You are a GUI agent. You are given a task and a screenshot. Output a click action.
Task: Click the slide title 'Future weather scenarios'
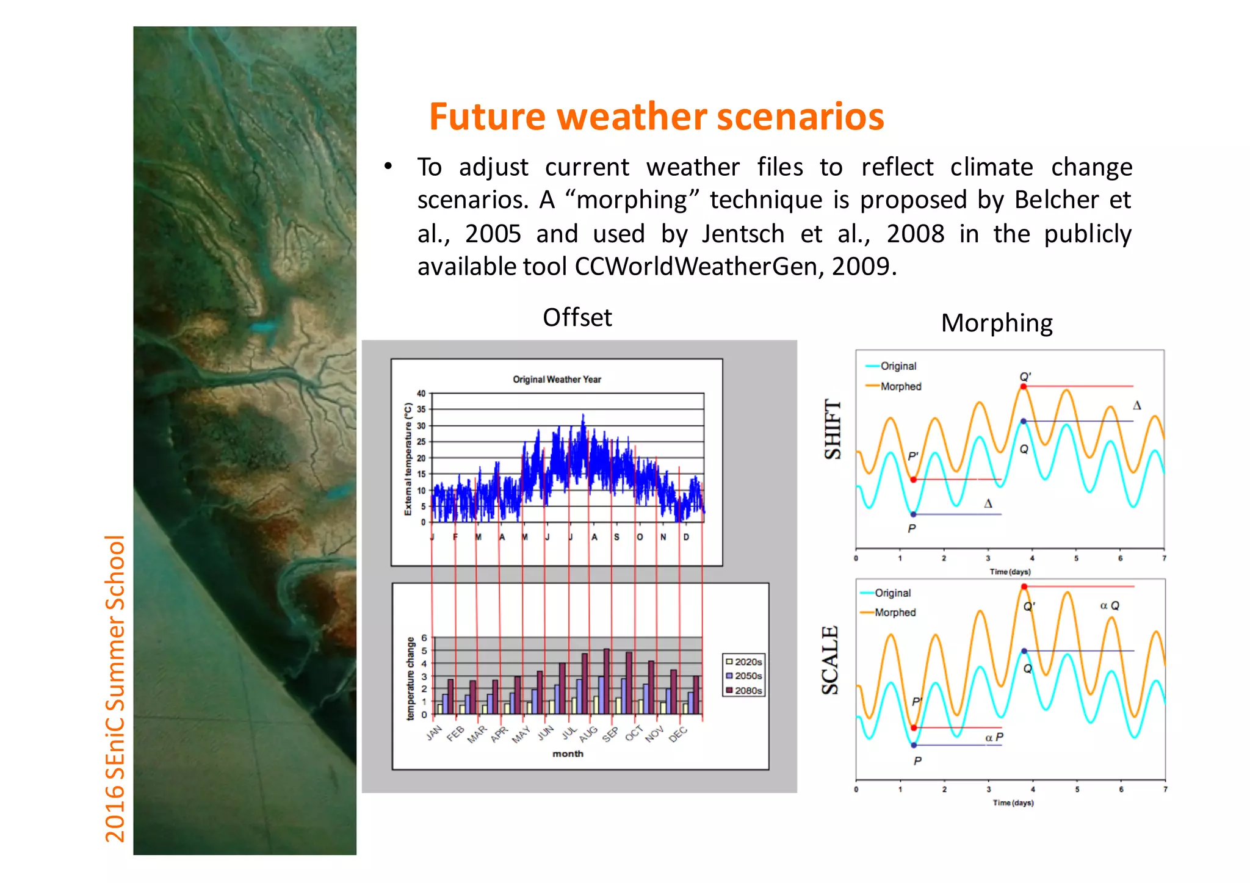[x=656, y=117]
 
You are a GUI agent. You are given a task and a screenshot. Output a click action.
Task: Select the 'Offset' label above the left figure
[x=577, y=317]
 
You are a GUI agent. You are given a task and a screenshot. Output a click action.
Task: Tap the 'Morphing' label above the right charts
[x=996, y=323]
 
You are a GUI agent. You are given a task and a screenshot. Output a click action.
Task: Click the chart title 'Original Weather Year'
[x=557, y=380]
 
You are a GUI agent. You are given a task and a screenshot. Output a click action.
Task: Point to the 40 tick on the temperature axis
[x=421, y=394]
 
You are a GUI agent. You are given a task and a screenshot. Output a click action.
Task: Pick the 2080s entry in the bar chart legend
[x=743, y=690]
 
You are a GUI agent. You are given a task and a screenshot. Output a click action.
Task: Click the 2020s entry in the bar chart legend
[x=743, y=661]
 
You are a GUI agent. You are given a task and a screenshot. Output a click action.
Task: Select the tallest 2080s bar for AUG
[x=606, y=680]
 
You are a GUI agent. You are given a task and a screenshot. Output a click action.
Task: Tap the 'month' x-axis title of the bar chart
[x=568, y=754]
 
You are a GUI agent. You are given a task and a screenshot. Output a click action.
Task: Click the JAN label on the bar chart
[x=434, y=733]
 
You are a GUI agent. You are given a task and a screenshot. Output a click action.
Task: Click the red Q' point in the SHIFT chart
[x=1024, y=386]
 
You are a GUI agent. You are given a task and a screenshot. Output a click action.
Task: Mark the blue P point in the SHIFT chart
[x=913, y=514]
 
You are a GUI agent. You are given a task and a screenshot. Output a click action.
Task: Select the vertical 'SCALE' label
[x=830, y=660]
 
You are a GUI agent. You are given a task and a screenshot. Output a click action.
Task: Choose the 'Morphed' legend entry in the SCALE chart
[x=895, y=612]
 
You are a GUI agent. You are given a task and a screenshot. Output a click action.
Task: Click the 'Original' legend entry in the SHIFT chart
[x=898, y=366]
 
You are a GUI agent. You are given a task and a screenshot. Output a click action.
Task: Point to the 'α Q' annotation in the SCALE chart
[x=1109, y=605]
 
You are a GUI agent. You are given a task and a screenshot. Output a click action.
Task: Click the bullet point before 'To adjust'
[x=388, y=167]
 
